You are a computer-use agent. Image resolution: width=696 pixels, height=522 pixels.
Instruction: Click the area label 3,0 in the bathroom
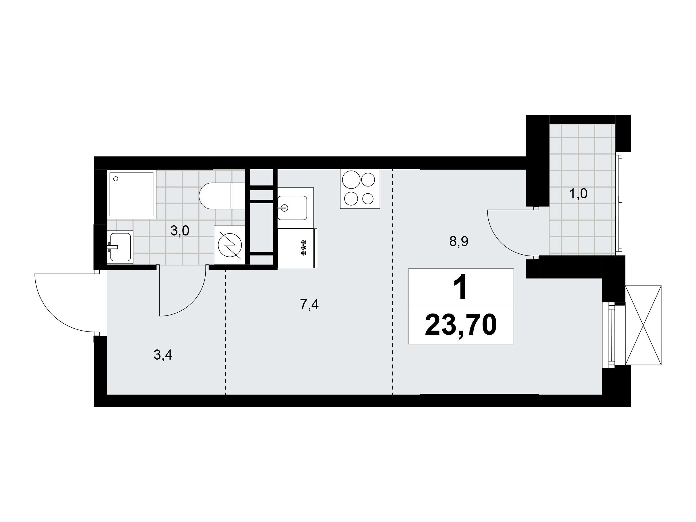tap(180, 231)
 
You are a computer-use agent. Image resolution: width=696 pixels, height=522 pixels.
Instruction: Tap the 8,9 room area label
tap(459, 242)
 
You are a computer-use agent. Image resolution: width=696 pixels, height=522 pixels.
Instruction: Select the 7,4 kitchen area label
tap(309, 304)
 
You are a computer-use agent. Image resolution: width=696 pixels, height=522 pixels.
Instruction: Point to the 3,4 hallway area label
tap(163, 355)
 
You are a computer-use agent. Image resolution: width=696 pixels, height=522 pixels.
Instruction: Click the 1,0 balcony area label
tap(578, 194)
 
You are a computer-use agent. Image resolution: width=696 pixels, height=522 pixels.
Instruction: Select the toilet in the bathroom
tap(222, 196)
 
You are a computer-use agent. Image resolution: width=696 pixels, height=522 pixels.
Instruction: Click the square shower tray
tap(132, 194)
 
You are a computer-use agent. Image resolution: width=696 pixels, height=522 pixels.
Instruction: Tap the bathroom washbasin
tap(120, 247)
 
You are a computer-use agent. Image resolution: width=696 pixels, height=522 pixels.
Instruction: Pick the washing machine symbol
tap(230, 245)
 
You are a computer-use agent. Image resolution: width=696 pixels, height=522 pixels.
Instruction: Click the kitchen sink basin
tap(292, 208)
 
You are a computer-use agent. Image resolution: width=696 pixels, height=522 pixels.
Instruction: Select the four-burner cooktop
tap(360, 189)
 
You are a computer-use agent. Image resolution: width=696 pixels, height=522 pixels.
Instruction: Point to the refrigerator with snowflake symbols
tap(297, 248)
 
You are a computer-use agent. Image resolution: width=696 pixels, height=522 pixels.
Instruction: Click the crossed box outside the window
tap(644, 325)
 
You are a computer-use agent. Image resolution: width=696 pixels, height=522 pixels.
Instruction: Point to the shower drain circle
tap(115, 179)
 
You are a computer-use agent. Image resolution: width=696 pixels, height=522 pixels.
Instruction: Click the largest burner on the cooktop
tap(351, 180)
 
